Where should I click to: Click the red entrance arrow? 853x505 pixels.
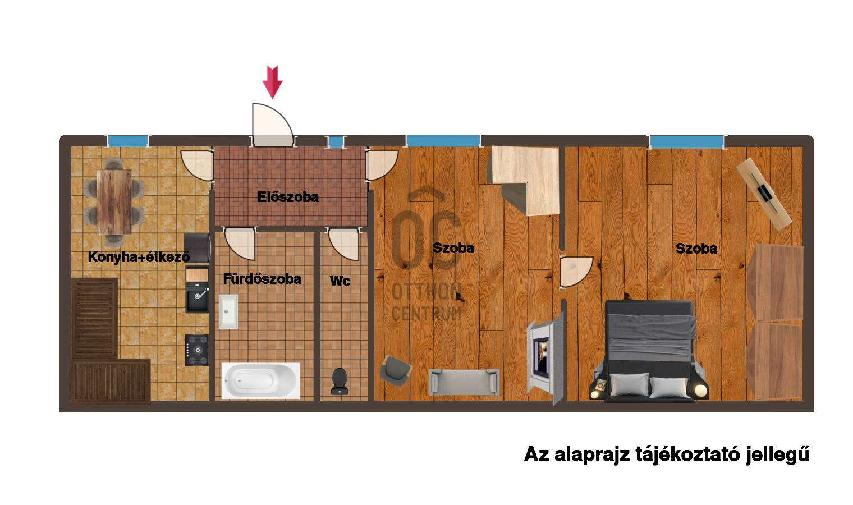click(x=272, y=82)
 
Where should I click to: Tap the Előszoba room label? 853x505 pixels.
click(x=288, y=197)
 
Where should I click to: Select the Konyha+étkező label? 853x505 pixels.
click(x=139, y=257)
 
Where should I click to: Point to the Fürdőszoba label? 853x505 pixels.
click(x=262, y=279)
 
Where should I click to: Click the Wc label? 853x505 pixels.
click(x=340, y=281)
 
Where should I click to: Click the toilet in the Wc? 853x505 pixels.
click(x=340, y=381)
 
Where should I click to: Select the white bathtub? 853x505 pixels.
click(x=260, y=380)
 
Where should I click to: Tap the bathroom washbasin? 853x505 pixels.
click(x=228, y=311)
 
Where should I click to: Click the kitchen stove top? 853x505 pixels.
click(x=197, y=350)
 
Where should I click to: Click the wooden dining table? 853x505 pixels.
click(x=114, y=202)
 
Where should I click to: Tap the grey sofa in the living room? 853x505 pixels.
click(x=464, y=382)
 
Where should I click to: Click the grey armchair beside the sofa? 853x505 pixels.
click(x=396, y=370)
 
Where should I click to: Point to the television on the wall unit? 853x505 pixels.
click(x=541, y=357)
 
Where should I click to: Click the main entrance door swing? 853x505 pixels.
click(x=272, y=125)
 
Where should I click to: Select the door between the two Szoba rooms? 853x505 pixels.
click(x=576, y=272)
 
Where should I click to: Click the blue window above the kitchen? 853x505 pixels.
click(x=127, y=141)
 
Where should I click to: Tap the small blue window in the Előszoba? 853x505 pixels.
click(x=336, y=141)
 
